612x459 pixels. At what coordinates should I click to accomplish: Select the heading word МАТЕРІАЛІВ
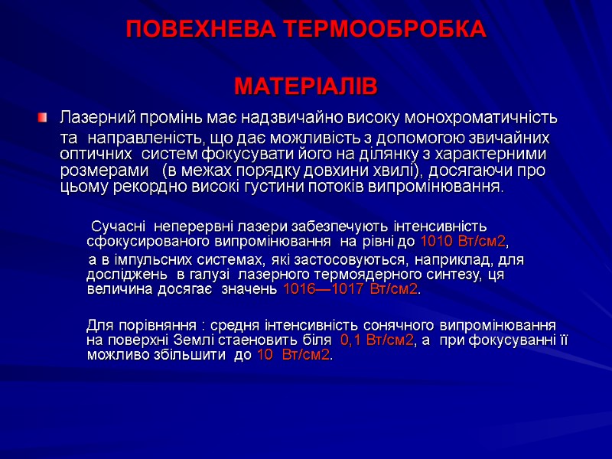coord(305,87)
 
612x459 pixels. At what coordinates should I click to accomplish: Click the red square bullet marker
coord(43,119)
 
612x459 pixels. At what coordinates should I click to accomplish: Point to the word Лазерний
coord(91,119)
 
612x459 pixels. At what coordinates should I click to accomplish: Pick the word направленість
coord(144,138)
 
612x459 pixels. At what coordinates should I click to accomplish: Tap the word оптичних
coord(86,154)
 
